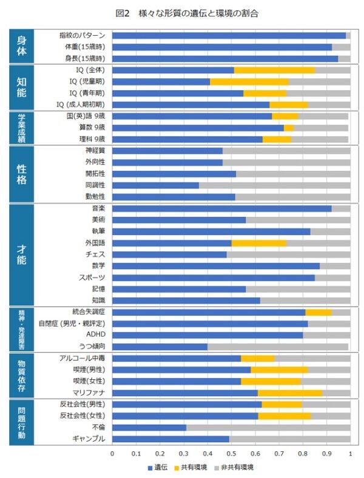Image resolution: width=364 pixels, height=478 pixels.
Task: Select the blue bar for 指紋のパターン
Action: point(229,35)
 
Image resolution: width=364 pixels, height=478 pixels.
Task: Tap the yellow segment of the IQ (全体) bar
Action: point(274,70)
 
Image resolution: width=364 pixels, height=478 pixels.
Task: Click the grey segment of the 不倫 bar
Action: point(268,427)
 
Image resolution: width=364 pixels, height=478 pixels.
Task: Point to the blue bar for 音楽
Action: point(221,208)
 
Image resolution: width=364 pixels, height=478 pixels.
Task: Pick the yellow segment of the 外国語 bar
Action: point(259,242)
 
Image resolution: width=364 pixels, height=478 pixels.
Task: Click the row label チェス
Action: point(95,254)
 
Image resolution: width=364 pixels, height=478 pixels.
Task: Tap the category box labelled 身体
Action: point(21,47)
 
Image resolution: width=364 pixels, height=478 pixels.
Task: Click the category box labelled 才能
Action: point(21,254)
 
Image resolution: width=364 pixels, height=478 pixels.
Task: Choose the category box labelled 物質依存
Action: point(21,374)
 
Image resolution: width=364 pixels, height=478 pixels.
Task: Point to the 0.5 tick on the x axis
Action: point(231,453)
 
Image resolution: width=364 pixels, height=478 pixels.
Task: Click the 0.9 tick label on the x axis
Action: point(326,453)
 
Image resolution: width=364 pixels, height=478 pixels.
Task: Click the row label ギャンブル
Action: point(91,439)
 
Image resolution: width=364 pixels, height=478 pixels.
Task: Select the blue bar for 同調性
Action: point(155,185)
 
